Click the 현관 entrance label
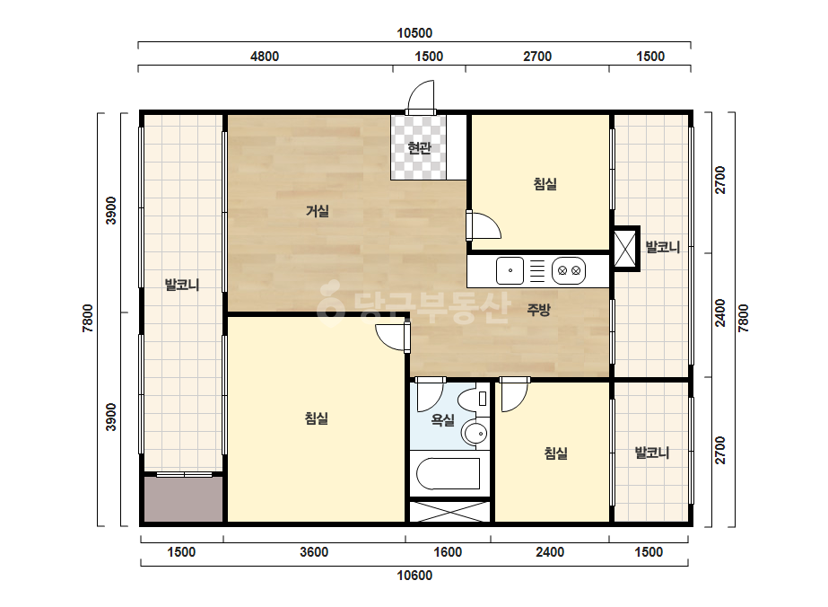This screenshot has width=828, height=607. click(419, 148)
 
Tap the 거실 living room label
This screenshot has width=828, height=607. click(318, 212)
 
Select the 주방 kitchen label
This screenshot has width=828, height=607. click(538, 310)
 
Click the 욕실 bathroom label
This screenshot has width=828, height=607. click(442, 420)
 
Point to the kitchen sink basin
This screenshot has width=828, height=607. click(510, 270)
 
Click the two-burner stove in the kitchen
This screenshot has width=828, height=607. click(569, 270)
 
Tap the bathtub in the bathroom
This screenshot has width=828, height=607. click(449, 474)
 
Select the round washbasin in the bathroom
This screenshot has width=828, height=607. click(476, 434)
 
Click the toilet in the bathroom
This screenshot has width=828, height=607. click(473, 399)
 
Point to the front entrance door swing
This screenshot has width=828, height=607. click(421, 95)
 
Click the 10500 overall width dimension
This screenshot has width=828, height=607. click(414, 33)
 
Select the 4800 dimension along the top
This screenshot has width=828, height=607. click(264, 57)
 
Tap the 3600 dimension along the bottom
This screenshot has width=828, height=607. click(314, 552)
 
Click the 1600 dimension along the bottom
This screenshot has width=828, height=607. click(448, 552)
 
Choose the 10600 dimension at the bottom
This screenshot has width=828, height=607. click(414, 576)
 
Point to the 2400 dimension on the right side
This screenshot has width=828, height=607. click(719, 313)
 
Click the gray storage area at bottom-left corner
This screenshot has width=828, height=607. click(183, 499)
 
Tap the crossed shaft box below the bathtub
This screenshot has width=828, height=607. click(450, 511)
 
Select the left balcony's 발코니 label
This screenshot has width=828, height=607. click(182, 285)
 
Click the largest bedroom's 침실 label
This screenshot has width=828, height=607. click(317, 418)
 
